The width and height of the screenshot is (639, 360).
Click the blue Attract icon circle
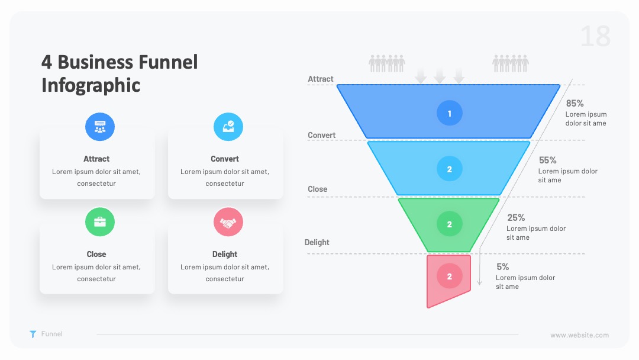(100, 127)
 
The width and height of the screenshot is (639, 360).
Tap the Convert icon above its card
(228, 127)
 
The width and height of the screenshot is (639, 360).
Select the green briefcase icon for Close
(100, 222)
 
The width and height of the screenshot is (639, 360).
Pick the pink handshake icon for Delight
(228, 222)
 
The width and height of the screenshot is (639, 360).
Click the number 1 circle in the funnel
(450, 113)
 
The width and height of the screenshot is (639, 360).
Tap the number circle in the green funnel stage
(450, 224)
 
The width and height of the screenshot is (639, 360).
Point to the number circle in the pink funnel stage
(450, 276)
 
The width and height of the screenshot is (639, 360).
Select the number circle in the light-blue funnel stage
(450, 169)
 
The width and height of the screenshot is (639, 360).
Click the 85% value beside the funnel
(575, 103)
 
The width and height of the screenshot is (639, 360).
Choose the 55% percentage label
(547, 160)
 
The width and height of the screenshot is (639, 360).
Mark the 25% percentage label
(516, 218)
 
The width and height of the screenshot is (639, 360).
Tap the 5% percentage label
(502, 266)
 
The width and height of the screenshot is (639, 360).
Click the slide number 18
(595, 36)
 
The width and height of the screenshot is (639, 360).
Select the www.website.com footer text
(579, 335)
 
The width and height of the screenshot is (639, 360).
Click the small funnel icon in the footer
(33, 335)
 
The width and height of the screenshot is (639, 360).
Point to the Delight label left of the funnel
(317, 242)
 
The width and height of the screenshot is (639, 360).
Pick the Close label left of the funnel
(318, 189)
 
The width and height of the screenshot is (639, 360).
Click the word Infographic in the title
(91, 86)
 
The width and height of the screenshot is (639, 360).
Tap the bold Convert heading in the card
(225, 159)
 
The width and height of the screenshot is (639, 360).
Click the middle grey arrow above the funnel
(439, 76)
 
